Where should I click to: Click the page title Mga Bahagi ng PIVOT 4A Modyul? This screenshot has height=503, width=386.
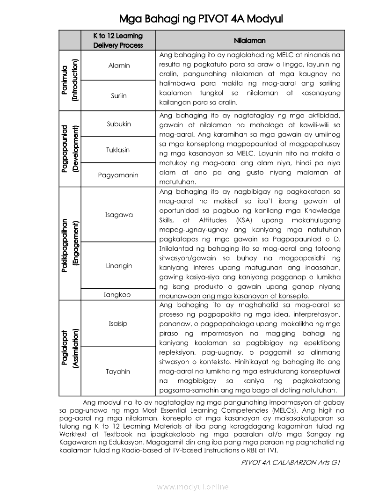(x=201, y=19)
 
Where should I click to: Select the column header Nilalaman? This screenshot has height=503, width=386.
(x=249, y=41)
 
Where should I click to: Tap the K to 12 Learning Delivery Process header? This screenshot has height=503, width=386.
(x=118, y=40)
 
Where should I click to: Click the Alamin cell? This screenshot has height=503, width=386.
(x=119, y=66)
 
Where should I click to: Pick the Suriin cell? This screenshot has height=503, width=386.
(x=119, y=95)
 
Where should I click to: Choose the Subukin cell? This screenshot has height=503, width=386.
(x=119, y=124)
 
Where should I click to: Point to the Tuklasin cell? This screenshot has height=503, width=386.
(x=118, y=150)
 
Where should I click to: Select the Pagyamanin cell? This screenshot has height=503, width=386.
(x=118, y=175)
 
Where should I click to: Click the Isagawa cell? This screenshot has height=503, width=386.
(x=119, y=215)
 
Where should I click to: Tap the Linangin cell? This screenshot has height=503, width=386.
(x=119, y=266)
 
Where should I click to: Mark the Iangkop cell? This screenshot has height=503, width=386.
(x=117, y=295)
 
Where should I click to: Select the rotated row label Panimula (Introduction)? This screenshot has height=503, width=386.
(x=70, y=80)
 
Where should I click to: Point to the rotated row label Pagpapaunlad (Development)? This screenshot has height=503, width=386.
(x=70, y=149)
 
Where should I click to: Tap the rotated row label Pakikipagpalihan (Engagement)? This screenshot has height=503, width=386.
(x=70, y=243)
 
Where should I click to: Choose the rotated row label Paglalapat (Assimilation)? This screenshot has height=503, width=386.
(x=70, y=348)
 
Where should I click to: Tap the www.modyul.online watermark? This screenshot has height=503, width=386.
(x=193, y=487)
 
